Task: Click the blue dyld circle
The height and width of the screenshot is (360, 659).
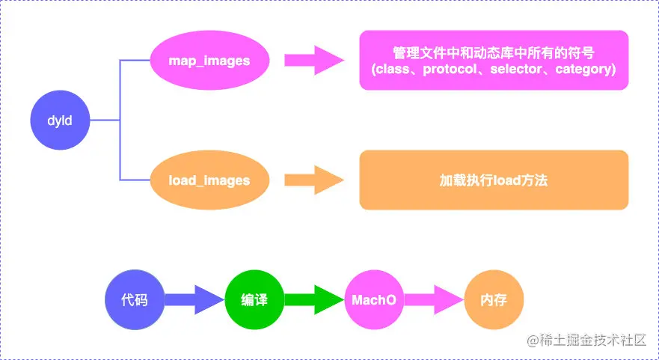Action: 60,120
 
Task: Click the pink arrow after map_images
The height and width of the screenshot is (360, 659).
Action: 313,60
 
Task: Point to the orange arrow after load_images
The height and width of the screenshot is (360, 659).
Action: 313,180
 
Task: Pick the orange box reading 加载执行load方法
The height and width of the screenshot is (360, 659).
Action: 494,180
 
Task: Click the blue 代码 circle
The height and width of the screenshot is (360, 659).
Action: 135,300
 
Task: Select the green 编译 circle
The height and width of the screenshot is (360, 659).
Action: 254,300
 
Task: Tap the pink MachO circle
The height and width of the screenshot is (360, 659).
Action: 374,300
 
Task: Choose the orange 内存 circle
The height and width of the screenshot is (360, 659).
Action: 494,300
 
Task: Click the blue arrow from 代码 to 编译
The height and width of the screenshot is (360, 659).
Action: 194,300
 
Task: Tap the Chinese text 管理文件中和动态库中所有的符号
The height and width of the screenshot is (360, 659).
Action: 494,52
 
